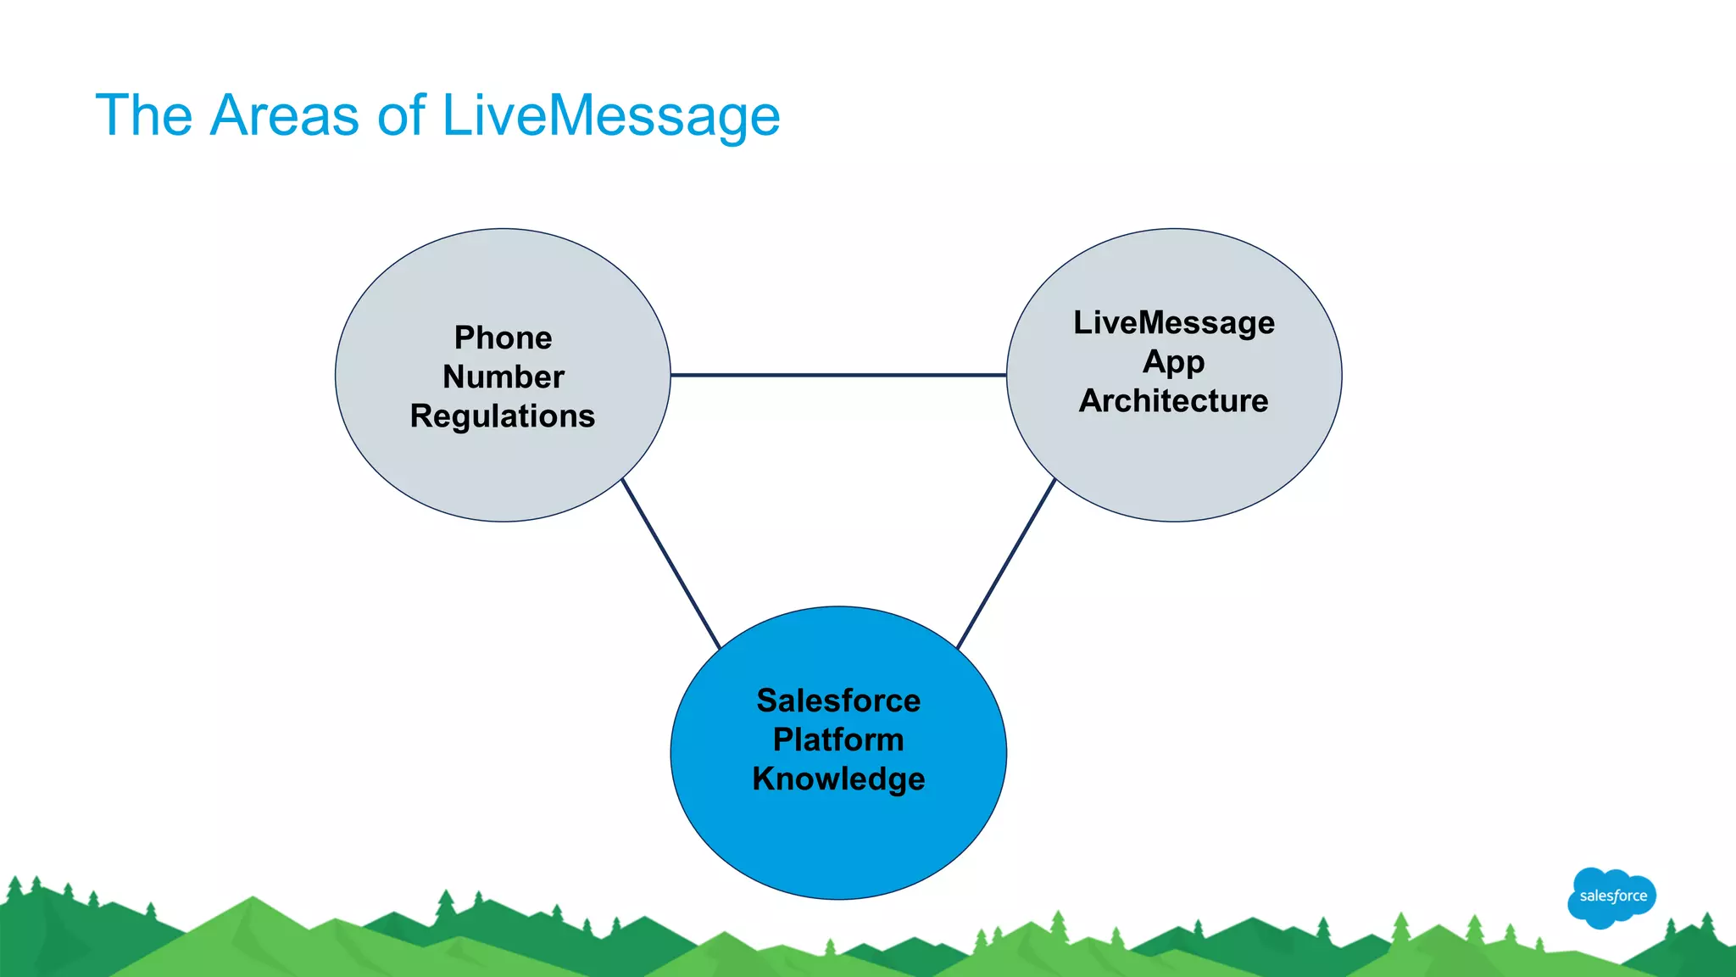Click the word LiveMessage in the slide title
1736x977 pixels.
[x=610, y=116]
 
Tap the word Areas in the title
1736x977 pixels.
[x=284, y=116]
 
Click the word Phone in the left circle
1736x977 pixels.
[x=503, y=338]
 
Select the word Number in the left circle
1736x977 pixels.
[x=503, y=377]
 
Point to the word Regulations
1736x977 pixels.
[x=503, y=416]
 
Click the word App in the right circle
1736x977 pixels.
[x=1173, y=362]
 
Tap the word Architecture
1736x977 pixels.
[x=1173, y=400]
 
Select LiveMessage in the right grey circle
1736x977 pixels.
[x=1173, y=322]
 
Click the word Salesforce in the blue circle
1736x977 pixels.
[x=838, y=701]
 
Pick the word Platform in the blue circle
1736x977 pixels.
[x=838, y=740]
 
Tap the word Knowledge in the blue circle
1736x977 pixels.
[x=838, y=779]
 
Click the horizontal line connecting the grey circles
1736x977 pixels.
[x=838, y=374]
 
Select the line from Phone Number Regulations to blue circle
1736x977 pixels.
[x=670, y=564]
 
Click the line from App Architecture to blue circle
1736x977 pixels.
[x=1006, y=564]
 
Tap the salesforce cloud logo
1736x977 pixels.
[x=1611, y=896]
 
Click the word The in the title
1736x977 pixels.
[x=144, y=116]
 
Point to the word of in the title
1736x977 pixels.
[x=400, y=116]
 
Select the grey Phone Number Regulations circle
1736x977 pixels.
[x=503, y=475]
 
